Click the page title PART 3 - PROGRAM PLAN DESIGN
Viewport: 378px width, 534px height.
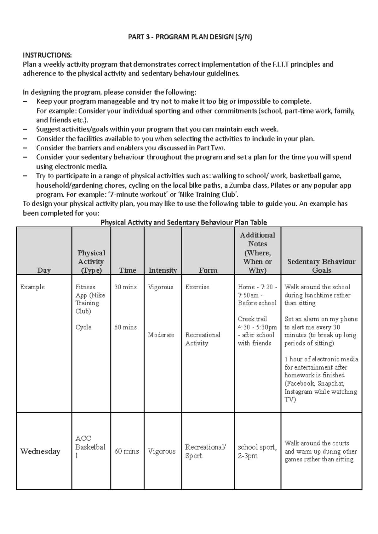pyautogui.click(x=190, y=37)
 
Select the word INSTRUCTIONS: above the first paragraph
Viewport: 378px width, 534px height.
pyautogui.click(x=47, y=55)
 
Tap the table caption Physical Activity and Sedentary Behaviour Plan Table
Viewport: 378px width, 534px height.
pyautogui.click(x=184, y=222)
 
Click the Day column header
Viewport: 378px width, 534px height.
pyautogui.click(x=44, y=270)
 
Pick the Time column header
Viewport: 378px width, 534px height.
pyautogui.click(x=127, y=270)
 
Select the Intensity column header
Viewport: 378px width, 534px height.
pyautogui.click(x=163, y=270)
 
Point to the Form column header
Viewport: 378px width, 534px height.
pyautogui.click(x=208, y=270)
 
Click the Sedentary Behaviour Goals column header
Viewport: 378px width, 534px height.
pyautogui.click(x=321, y=266)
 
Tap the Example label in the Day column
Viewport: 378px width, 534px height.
pyautogui.click(x=32, y=287)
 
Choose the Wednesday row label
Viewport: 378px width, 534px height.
pyautogui.click(x=40, y=451)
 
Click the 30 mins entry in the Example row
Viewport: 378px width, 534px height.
pyautogui.click(x=125, y=287)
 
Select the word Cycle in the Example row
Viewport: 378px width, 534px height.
pyautogui.click(x=83, y=327)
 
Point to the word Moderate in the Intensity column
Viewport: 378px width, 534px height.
pyautogui.click(x=161, y=335)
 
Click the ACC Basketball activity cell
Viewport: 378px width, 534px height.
pyautogui.click(x=90, y=447)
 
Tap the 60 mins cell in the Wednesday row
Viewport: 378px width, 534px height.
pyautogui.click(x=127, y=451)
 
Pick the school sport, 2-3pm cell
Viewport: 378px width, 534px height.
pyautogui.click(x=257, y=451)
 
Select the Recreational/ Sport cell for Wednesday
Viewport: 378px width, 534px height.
pyautogui.click(x=205, y=451)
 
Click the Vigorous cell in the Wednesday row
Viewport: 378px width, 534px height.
pyautogui.click(x=162, y=451)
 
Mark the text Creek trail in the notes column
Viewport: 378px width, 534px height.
pyautogui.click(x=252, y=319)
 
